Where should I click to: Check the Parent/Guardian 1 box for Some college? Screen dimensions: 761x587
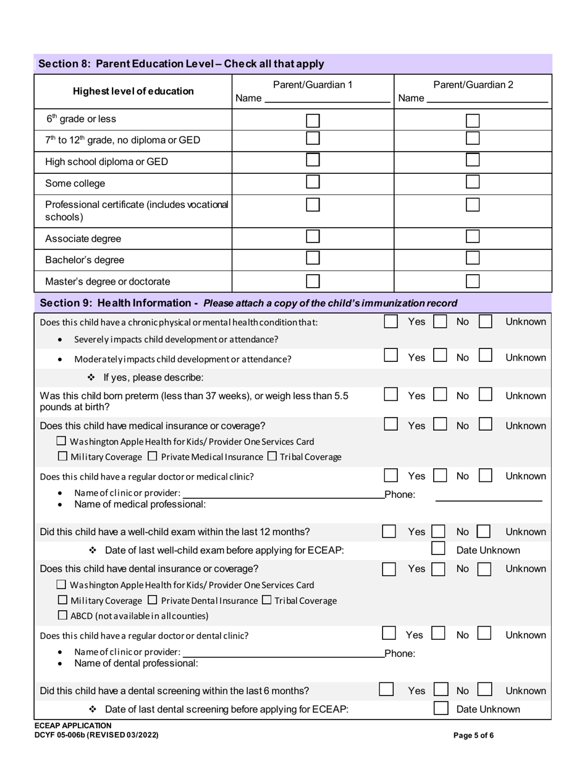313,182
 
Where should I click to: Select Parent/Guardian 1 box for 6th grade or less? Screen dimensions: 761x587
313,120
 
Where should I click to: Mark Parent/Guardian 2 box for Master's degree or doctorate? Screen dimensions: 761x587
473,281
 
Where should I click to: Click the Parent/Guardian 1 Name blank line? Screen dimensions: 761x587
327,98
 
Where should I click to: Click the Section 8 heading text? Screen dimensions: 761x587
181,64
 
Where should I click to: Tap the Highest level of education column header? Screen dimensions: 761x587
133,92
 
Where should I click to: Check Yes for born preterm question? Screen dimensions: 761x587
391,395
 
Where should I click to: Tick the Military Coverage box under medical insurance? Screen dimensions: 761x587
62,457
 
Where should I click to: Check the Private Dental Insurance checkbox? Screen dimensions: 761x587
154,600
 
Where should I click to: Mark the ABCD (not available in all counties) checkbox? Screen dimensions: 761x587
62,616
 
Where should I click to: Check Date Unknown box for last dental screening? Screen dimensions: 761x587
441,708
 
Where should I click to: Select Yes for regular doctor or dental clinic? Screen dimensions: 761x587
389,634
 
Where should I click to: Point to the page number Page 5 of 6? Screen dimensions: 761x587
473,736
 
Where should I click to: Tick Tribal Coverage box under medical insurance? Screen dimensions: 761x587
272,457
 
